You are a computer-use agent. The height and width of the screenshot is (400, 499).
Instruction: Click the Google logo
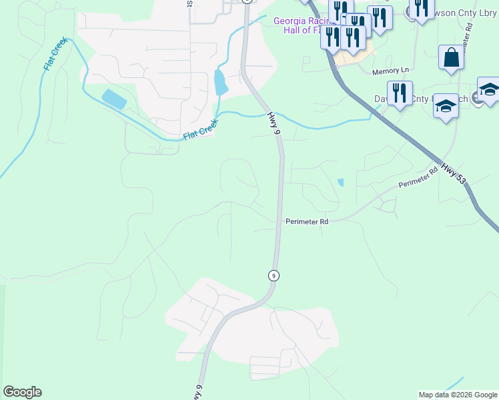tap(22, 392)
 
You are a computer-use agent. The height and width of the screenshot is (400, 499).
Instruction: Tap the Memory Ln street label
tap(390, 71)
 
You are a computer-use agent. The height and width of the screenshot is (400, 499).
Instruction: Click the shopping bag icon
tap(451, 58)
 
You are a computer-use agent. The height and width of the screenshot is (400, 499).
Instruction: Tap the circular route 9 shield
tap(273, 275)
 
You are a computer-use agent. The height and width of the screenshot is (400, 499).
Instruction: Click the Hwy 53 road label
tap(454, 177)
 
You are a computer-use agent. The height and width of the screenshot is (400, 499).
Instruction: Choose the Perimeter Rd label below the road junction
tap(306, 221)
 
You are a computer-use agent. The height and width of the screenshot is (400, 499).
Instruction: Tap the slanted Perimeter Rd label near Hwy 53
tap(418, 178)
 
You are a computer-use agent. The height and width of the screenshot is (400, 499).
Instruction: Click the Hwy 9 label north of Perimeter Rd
tap(272, 124)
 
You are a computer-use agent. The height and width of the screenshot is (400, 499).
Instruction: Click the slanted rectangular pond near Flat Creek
tap(114, 99)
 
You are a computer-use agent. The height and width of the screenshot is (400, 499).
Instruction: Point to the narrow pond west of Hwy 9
tap(219, 82)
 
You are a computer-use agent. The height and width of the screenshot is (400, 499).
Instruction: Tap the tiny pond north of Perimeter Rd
tap(341, 182)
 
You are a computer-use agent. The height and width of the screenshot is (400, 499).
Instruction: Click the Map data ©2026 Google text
tap(458, 395)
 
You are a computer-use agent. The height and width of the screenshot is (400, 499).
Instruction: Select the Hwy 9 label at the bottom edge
tap(197, 393)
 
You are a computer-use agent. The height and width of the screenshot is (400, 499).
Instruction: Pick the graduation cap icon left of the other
tap(446, 106)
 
